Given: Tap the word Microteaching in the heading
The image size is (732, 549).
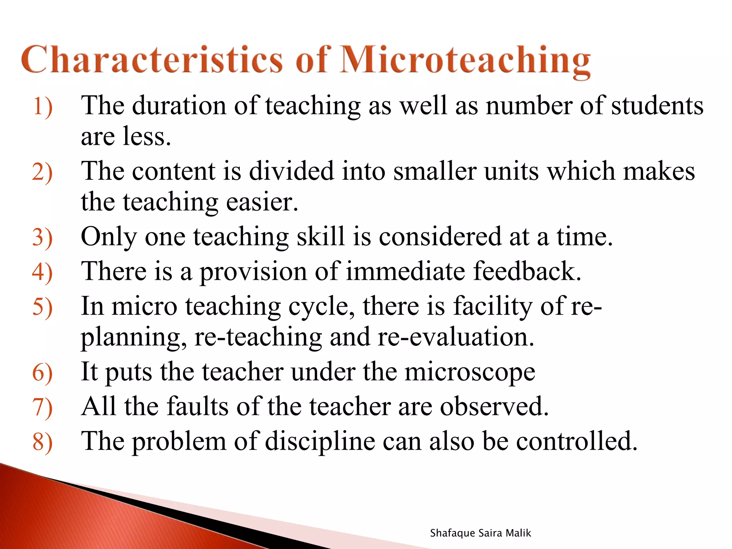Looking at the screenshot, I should point(465,61).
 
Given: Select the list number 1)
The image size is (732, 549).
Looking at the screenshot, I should point(43,107).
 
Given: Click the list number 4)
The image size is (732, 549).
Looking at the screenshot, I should point(43,272).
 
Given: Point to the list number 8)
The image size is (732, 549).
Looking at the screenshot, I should point(43,442).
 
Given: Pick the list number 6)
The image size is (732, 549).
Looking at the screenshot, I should point(43,373).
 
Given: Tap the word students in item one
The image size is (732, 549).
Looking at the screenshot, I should point(657,106).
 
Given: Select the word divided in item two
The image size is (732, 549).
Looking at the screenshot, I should point(291,171).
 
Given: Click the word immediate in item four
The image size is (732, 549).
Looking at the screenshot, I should point(406,271).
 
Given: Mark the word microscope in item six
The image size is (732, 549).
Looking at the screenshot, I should point(470,372).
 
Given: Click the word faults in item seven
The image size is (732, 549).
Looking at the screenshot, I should point(198,407).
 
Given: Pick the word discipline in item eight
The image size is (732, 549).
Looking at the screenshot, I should point(320,442).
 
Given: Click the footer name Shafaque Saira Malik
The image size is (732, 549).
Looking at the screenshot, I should point(480,533).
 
